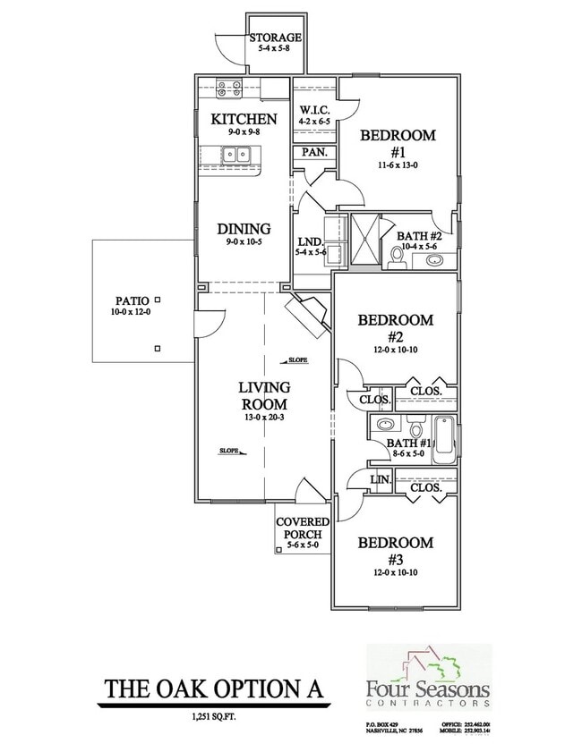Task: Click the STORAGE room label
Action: click(x=275, y=38)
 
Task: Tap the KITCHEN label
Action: click(x=243, y=119)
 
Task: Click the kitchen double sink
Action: click(x=236, y=156)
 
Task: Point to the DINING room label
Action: click(x=244, y=229)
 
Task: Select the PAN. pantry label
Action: click(x=314, y=153)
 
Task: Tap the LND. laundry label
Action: click(x=310, y=242)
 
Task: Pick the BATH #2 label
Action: click(x=419, y=236)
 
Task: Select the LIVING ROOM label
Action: click(x=264, y=395)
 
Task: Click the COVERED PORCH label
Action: click(x=303, y=528)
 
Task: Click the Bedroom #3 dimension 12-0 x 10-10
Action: click(x=397, y=570)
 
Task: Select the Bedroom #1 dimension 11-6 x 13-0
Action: click(x=398, y=166)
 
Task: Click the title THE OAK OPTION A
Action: click(x=210, y=689)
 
